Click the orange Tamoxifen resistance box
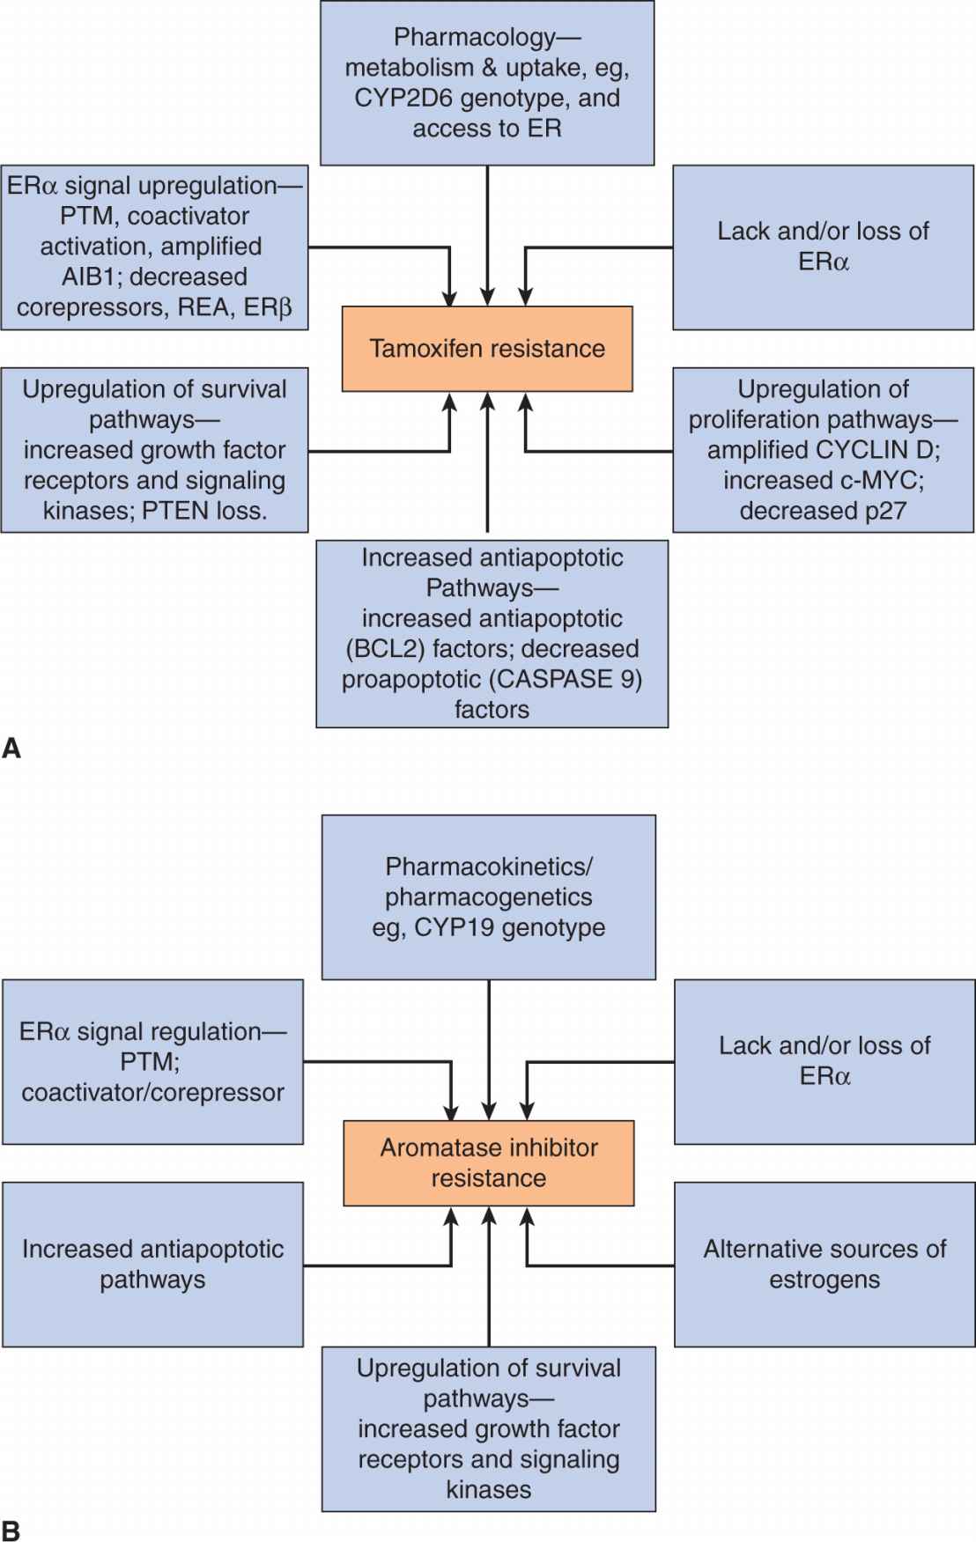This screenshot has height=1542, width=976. point(487,349)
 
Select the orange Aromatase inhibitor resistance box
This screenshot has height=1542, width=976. point(488,1162)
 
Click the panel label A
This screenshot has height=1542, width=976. point(11,749)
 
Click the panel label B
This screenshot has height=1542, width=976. point(11,1530)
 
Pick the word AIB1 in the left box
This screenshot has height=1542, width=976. point(92,277)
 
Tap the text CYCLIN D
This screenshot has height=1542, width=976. point(876,450)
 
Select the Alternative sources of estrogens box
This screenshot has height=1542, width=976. point(824,1264)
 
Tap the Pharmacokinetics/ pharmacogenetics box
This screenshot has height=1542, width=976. point(488,896)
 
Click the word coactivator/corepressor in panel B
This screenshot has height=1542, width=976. point(153,1093)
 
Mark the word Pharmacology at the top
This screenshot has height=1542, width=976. point(475,37)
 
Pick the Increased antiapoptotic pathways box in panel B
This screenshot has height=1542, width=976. point(152,1264)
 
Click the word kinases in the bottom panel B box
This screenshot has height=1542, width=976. point(488,1489)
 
